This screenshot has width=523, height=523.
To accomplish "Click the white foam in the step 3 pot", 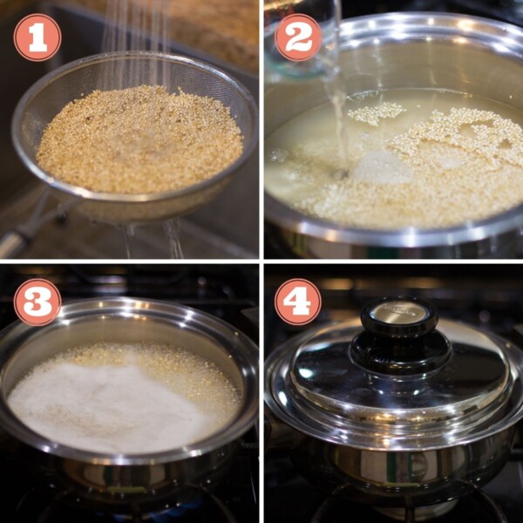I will coord(96,401).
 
